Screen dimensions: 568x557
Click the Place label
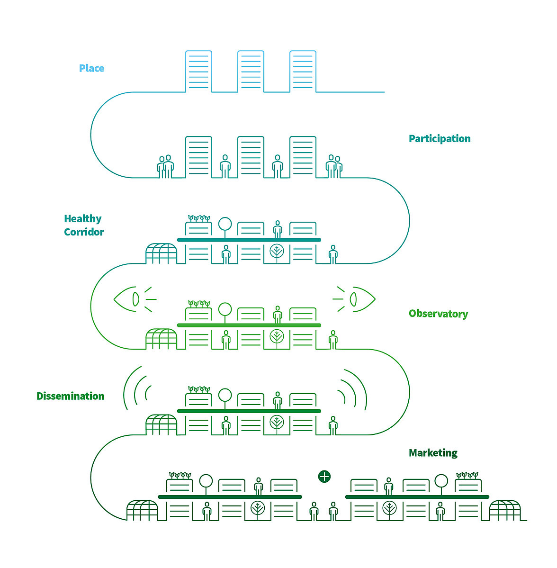point(91,68)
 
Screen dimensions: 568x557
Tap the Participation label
point(440,139)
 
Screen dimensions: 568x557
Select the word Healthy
point(83,219)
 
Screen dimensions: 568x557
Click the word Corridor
point(84,232)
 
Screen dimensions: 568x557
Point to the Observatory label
point(438,314)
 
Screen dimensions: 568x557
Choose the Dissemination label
point(71,396)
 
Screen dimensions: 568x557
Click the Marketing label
point(433,453)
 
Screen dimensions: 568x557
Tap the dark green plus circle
point(324,476)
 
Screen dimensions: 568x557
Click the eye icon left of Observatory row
point(128,299)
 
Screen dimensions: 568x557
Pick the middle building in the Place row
point(251,71)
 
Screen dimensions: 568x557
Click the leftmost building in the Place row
point(198,71)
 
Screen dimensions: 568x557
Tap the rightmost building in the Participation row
point(303,157)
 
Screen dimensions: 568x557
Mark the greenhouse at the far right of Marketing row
point(505,511)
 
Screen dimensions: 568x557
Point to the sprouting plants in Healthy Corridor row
point(199,218)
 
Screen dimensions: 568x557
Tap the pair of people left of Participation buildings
point(165,166)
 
